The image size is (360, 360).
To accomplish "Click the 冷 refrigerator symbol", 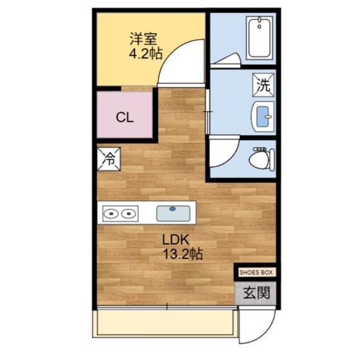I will tap(107, 158).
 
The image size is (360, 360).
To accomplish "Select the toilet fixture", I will tap(262, 156).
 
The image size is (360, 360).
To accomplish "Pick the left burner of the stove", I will tap(111, 213).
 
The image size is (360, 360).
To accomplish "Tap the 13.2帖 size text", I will tap(183, 255).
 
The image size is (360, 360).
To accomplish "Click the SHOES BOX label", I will tap(256, 273).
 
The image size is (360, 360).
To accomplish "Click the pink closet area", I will tap(124, 129).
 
